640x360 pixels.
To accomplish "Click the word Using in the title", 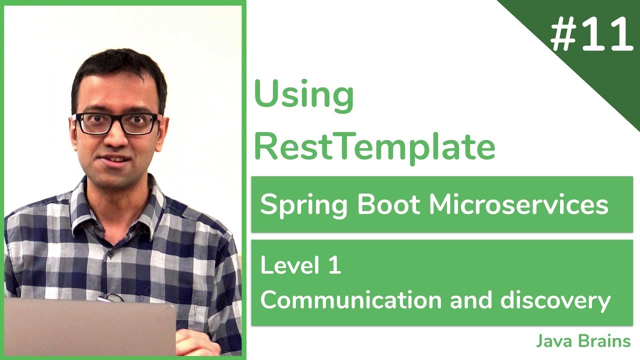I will point(304,95).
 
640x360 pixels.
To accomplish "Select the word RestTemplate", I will point(374,146).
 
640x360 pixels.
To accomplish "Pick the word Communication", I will point(351,300).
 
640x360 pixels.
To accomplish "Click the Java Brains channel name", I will point(583,341).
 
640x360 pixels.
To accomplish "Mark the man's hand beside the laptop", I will point(195,343).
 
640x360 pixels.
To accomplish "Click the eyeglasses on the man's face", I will point(116,123).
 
